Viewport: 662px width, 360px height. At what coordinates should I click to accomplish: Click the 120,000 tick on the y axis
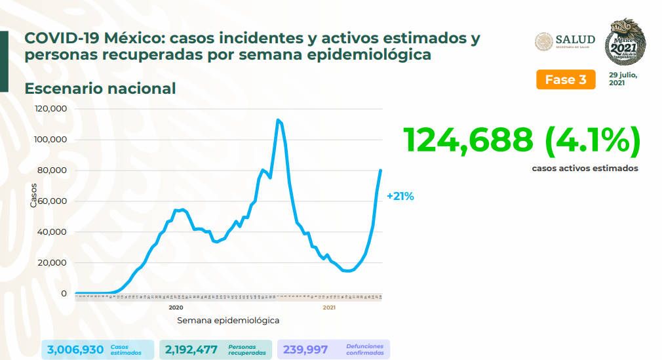(x=52, y=109)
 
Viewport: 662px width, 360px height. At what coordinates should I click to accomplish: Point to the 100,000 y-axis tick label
(x=52, y=140)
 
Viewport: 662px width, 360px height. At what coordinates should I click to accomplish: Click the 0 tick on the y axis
(x=64, y=293)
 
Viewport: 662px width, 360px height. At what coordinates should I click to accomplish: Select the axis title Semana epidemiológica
(x=228, y=321)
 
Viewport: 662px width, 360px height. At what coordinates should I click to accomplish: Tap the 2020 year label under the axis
(x=175, y=307)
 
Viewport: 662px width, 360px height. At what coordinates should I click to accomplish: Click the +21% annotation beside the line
(x=400, y=196)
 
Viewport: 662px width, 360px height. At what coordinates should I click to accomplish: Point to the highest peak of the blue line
(x=278, y=120)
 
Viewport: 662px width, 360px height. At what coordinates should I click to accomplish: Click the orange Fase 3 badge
(x=566, y=80)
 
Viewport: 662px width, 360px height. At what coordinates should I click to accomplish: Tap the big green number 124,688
(x=468, y=140)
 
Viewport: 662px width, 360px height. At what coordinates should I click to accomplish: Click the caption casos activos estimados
(x=585, y=169)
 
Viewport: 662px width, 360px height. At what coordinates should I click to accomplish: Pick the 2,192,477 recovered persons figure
(x=191, y=350)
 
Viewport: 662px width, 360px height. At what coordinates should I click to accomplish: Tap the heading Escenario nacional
(x=100, y=88)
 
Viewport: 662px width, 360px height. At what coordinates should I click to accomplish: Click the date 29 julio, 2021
(x=622, y=79)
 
